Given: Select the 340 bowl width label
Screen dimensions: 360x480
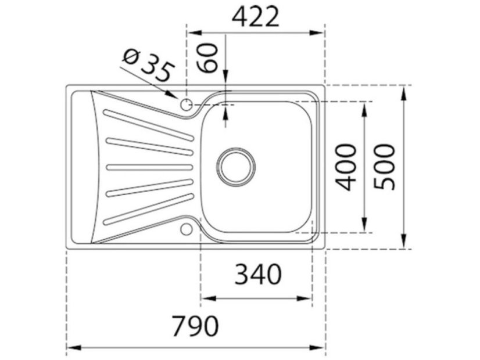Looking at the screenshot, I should click(257, 275).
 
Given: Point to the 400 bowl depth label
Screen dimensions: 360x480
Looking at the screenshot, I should click(348, 167).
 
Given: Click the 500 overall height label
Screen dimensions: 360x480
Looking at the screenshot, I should click(385, 167).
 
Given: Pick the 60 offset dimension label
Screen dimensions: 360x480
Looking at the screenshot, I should click(210, 56).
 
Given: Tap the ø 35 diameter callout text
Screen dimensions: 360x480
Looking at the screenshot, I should click(148, 66).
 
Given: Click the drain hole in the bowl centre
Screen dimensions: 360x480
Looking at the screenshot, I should click(237, 165).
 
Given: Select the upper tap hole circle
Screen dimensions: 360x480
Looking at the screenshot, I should click(187, 105).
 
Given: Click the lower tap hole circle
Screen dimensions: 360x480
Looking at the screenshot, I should click(186, 229).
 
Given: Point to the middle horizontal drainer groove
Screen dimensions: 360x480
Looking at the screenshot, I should click(149, 167).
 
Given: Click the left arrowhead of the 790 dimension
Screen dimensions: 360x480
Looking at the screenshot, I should click(70, 348).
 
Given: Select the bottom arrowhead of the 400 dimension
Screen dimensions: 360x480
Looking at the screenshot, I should click(365, 227).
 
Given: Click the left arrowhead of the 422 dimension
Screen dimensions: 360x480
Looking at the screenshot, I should click(191, 33).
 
